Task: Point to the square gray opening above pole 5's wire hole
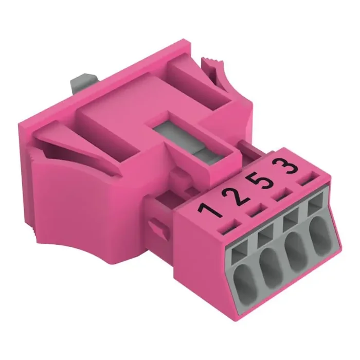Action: (291, 222)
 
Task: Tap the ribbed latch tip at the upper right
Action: (216, 67)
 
